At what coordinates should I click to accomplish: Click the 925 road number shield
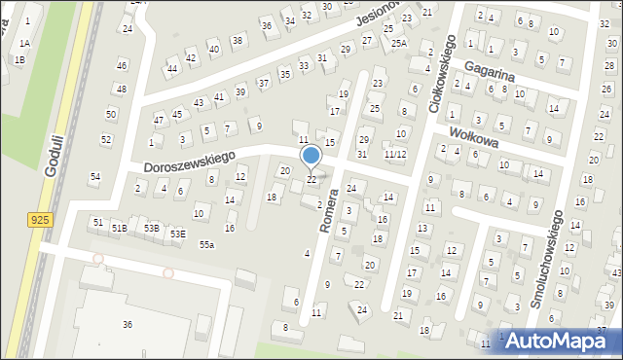[39, 221]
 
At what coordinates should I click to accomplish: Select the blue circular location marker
[311, 156]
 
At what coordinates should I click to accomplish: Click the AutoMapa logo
[557, 339]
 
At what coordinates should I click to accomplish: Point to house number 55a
[206, 243]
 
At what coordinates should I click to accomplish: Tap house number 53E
[177, 234]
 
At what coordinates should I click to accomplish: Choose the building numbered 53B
[151, 228]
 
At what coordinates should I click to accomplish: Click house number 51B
[119, 228]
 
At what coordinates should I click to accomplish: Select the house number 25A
[398, 43]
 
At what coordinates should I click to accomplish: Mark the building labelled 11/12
[394, 155]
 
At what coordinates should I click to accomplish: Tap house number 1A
[24, 44]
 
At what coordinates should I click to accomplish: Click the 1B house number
[19, 59]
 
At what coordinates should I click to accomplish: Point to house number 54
[94, 176]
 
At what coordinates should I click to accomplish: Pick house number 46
[121, 65]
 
